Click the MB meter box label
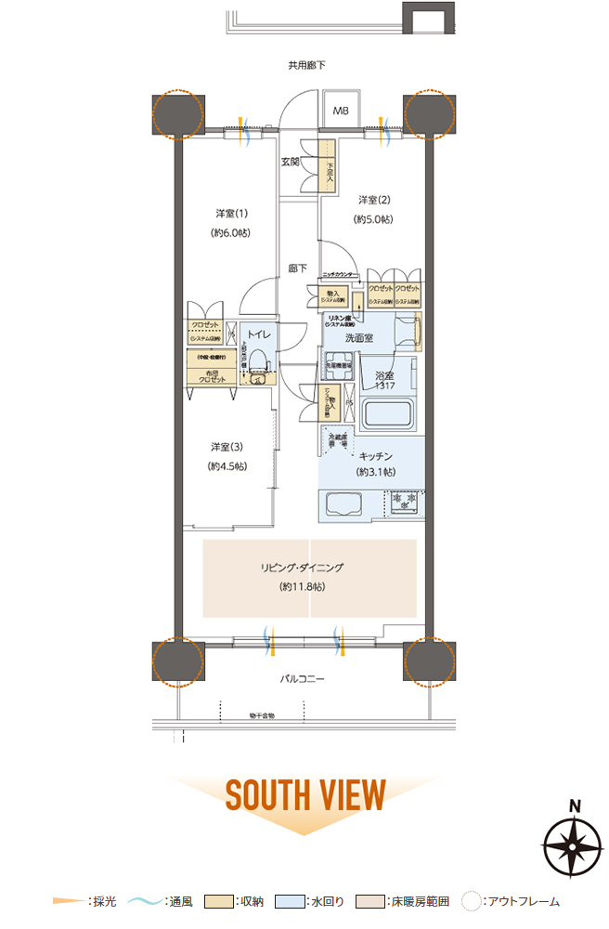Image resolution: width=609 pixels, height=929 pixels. tap(342, 111)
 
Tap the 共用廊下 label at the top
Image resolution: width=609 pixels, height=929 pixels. tap(305, 65)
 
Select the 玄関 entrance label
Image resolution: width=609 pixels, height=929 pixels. tap(291, 163)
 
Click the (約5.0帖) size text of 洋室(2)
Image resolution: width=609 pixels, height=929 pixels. tap(372, 219)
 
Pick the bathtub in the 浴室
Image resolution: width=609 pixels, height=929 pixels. tap(388, 412)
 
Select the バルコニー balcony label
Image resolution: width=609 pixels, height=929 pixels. tap(303, 679)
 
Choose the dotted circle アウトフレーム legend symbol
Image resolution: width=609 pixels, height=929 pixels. tap(473, 900)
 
